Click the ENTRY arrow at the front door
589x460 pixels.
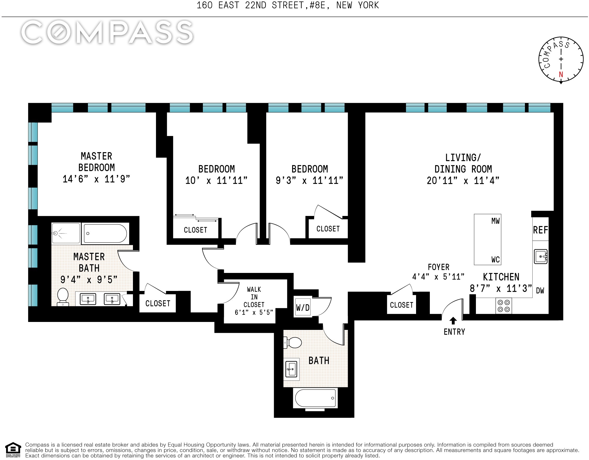pos(453,321)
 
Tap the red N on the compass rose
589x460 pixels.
pos(561,74)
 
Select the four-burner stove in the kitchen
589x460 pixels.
pos(504,306)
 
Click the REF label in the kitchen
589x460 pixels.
pos(541,230)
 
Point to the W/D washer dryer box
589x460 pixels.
pos(303,308)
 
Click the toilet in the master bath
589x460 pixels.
pos(63,297)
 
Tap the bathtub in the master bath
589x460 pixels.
pos(105,233)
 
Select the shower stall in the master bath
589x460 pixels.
pos(66,233)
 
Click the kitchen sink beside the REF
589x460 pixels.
pos(541,256)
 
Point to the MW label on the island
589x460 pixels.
pos(496,221)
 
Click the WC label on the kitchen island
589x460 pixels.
pos(496,259)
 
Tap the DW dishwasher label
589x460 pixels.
pos(540,291)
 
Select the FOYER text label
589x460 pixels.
pos(439,267)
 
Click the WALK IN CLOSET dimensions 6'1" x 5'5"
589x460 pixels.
pos(254,312)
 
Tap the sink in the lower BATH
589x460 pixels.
pos(291,369)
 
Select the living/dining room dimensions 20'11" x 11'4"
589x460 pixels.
pos(463,180)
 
